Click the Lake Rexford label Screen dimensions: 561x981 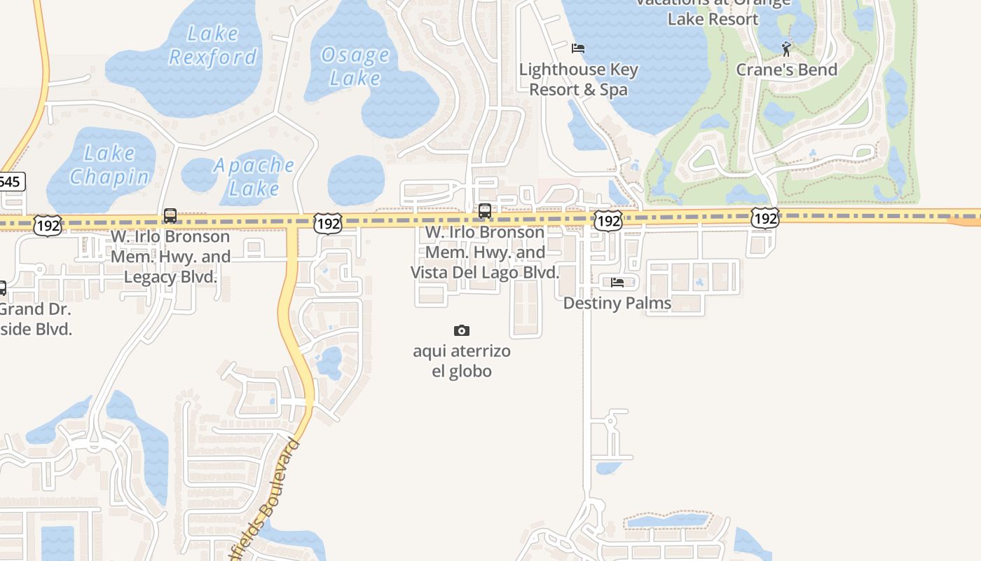[213, 45]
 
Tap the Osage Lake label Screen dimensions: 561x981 [355, 66]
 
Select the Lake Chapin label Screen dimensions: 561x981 [109, 165]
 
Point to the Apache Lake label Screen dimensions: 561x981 [254, 177]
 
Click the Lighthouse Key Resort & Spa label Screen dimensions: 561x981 [578, 79]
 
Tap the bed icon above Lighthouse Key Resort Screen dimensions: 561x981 [578, 48]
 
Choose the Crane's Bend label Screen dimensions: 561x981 [786, 69]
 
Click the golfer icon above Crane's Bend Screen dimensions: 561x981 [786, 48]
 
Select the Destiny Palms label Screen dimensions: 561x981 [617, 303]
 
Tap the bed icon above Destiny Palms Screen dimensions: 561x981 [617, 283]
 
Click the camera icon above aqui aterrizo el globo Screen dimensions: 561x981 [462, 330]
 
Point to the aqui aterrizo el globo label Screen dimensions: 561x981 [462, 360]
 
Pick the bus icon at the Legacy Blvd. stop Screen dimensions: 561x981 [170, 216]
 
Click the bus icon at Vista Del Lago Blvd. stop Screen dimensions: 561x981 [484, 211]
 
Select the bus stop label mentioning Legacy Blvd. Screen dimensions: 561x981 [170, 257]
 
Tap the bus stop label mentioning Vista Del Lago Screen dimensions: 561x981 [485, 252]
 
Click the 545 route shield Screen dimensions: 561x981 [11, 182]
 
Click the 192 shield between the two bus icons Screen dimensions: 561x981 [327, 224]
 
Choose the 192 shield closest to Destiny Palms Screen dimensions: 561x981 [608, 221]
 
